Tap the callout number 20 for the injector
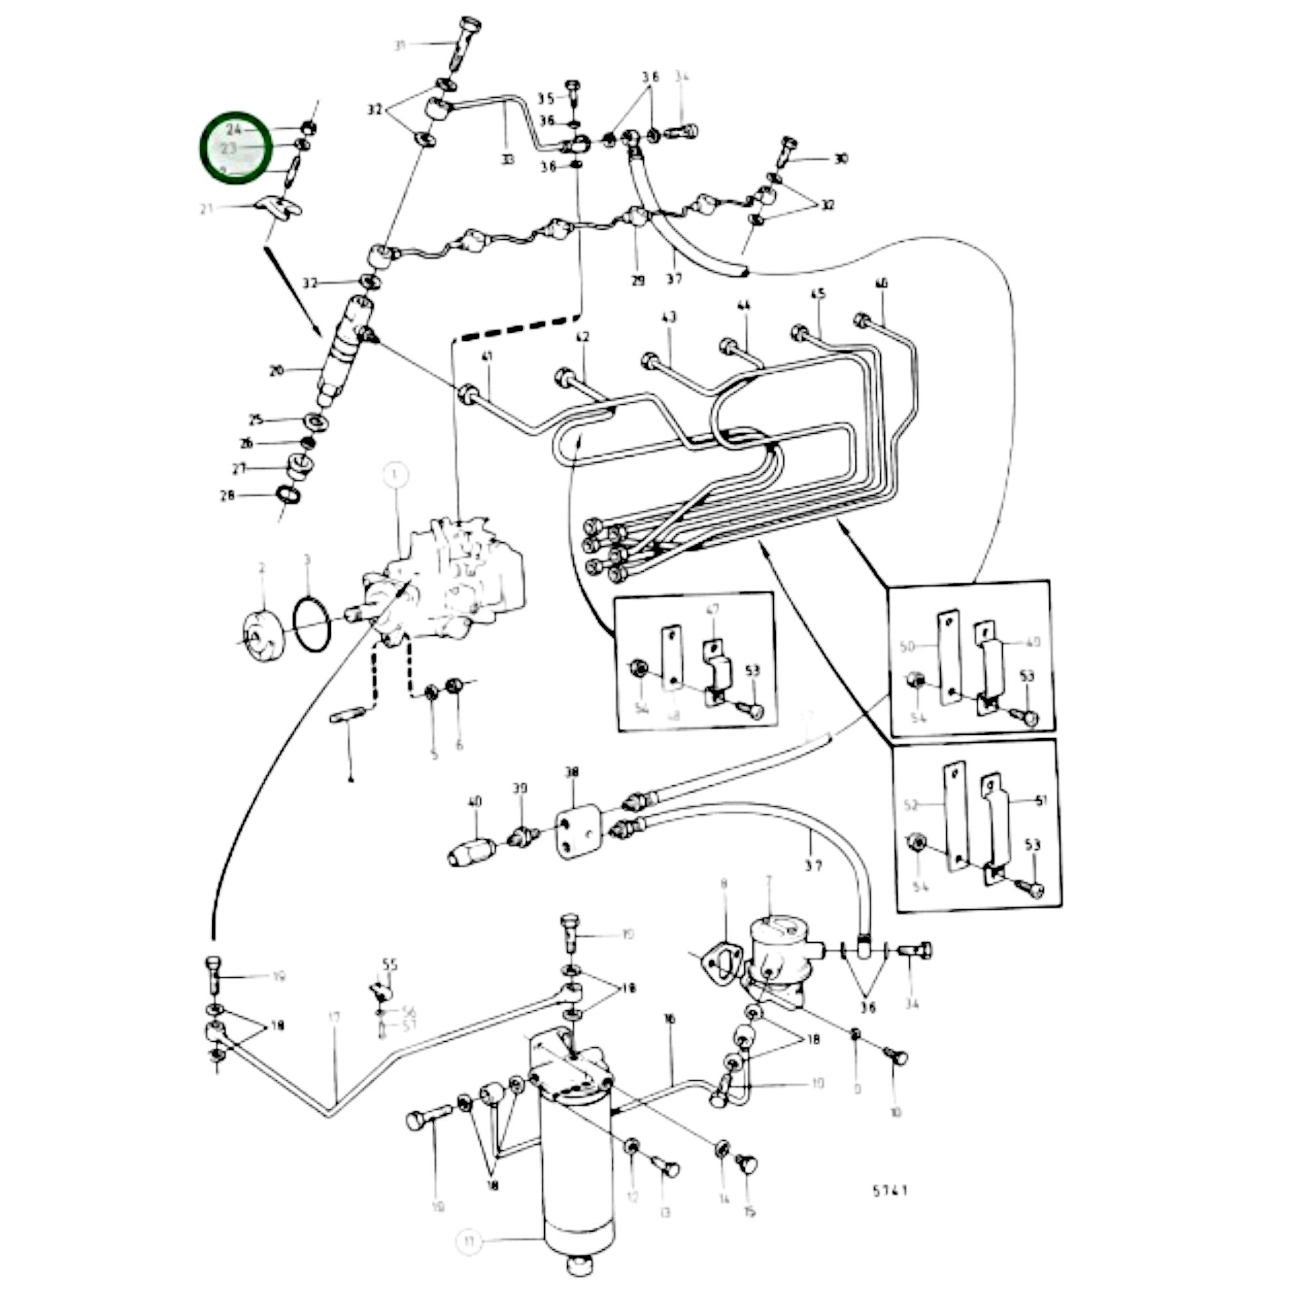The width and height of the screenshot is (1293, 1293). pos(276,370)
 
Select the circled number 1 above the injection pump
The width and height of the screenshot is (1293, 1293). pos(395,476)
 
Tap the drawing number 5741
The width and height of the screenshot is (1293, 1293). pos(891,1191)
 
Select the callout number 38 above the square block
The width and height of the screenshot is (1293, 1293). pos(572,772)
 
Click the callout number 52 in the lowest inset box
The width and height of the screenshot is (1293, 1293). pos(911,805)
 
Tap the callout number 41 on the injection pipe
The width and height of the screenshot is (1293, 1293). pos(486,357)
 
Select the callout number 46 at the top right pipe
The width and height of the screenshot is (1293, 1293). pos(882,284)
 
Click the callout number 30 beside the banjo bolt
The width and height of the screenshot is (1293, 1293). pos(841,159)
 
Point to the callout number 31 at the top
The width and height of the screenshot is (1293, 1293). pos(400,45)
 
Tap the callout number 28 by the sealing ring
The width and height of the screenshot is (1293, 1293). pos(227,496)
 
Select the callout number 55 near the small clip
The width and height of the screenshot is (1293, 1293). pos(389,964)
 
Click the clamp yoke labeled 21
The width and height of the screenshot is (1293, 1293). pos(279,207)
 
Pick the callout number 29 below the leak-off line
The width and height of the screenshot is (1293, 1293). pos(638,281)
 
